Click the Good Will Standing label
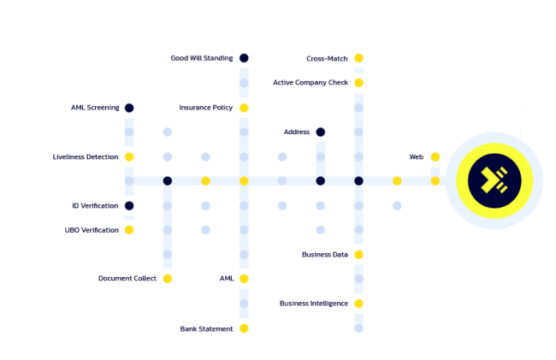(x=201, y=58)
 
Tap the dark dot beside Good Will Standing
(x=244, y=58)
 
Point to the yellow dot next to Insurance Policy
(x=244, y=108)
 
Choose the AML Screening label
(x=95, y=108)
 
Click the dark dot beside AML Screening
(x=129, y=108)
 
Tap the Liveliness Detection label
(x=86, y=157)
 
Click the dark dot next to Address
(x=321, y=132)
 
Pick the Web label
(x=417, y=157)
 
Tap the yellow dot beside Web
(x=435, y=157)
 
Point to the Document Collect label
(x=127, y=279)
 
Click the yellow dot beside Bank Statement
(x=244, y=328)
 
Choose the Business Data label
(x=324, y=255)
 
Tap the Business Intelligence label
(x=313, y=304)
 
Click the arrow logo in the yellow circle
(x=494, y=180)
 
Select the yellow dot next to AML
(x=244, y=279)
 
